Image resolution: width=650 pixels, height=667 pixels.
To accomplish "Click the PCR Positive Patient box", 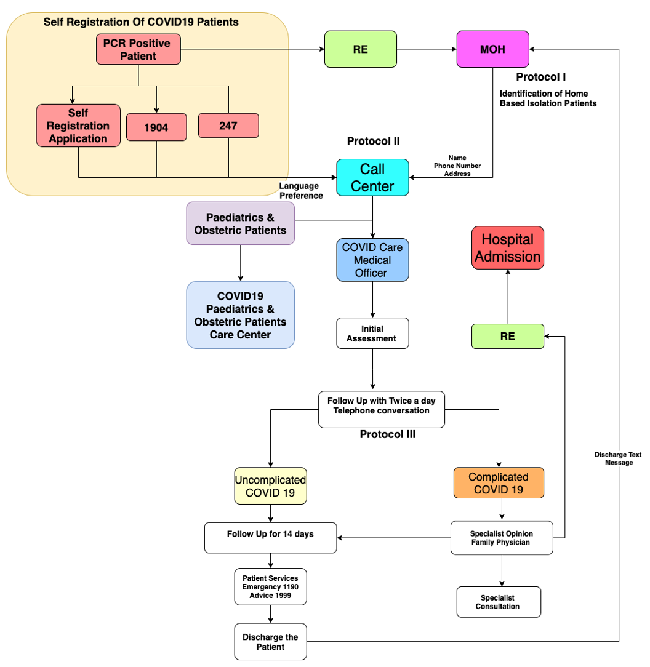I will (x=138, y=50).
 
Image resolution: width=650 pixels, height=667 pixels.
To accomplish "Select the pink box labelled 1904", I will (x=156, y=128).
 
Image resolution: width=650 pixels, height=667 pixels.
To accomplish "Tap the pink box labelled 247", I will (x=228, y=126).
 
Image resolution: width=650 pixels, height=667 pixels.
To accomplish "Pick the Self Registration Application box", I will (x=79, y=126).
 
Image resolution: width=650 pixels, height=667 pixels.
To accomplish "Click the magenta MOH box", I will (x=492, y=49).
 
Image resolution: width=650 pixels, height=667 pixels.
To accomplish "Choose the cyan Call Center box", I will (x=372, y=178).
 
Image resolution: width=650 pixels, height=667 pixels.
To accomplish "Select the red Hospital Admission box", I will (x=508, y=247).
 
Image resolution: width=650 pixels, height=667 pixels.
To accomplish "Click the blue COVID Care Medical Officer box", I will (x=372, y=260).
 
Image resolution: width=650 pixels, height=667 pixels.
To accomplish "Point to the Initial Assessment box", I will (x=372, y=333).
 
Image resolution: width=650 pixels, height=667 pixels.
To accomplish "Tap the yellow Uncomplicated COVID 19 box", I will (x=271, y=485).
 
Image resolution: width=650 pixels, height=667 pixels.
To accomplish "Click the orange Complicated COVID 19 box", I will (x=499, y=483).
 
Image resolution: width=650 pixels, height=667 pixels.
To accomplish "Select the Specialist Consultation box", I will (x=498, y=602).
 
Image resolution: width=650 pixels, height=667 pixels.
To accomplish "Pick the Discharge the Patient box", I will (x=270, y=642).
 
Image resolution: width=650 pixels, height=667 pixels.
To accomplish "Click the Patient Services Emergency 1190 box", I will (x=270, y=587).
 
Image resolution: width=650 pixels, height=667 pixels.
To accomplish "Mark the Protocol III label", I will (x=388, y=434).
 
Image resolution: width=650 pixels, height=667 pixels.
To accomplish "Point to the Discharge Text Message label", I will (x=618, y=458).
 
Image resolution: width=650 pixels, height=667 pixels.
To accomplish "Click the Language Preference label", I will (x=301, y=191).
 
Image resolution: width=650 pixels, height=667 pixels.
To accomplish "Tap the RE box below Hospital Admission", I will (x=508, y=337).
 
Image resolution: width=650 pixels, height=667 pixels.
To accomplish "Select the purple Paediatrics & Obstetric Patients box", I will (x=240, y=223).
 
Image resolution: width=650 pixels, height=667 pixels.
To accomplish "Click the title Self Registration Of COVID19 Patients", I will (x=141, y=22).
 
